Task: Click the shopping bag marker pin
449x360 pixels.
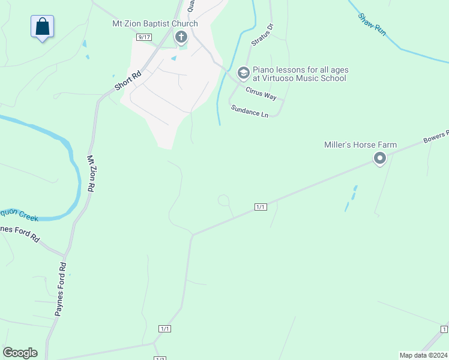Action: click(43, 27)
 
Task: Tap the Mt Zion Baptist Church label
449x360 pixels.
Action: click(155, 24)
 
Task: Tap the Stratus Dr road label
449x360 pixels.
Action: click(261, 35)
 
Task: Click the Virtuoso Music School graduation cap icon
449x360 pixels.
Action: click(243, 73)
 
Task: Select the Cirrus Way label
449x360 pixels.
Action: click(261, 93)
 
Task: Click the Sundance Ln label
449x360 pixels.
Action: click(249, 110)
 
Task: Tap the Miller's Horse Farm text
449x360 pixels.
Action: click(360, 145)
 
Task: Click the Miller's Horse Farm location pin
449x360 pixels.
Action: click(379, 158)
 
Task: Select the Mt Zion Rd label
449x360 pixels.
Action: click(91, 174)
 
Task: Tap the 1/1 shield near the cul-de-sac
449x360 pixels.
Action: click(260, 207)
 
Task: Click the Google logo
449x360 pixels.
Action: click(20, 353)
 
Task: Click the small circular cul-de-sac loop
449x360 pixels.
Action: click(223, 200)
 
